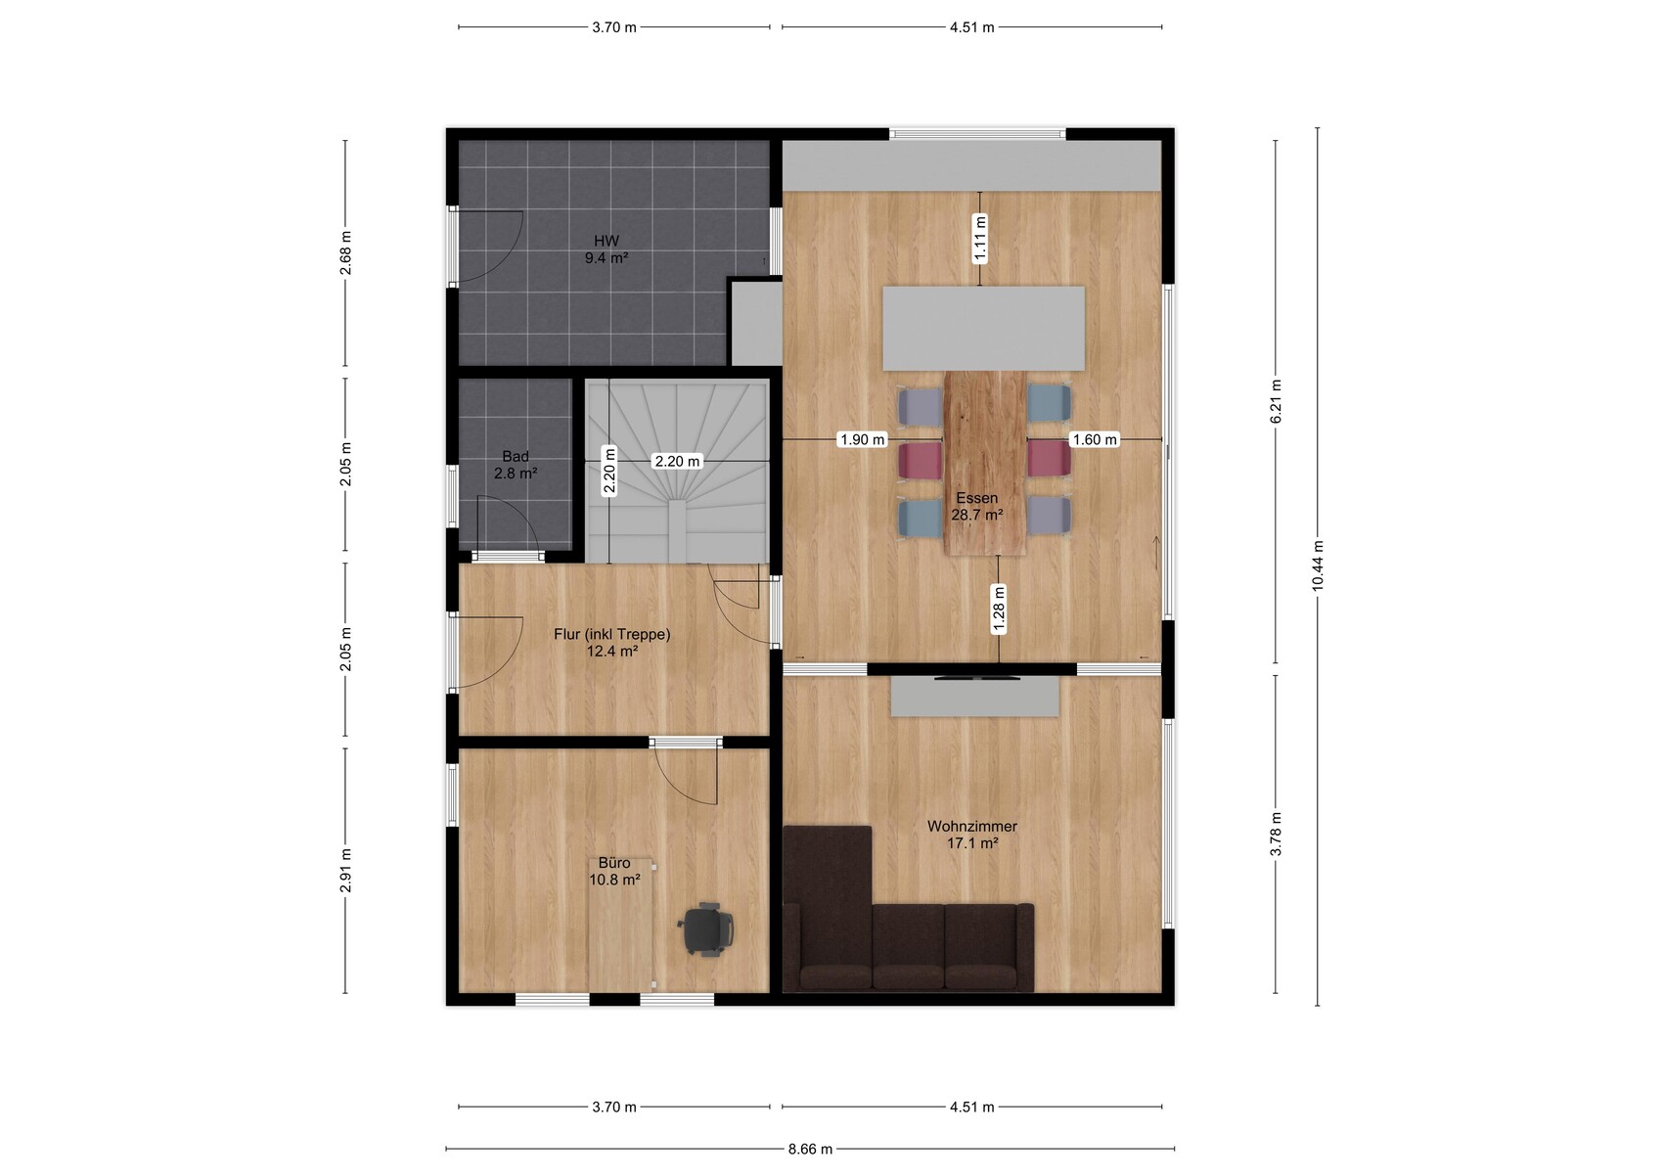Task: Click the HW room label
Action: pos(607,249)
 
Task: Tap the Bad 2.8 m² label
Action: pos(516,465)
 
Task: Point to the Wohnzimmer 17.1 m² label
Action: pos(971,835)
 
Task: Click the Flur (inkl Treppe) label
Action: pos(611,643)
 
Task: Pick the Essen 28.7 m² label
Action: pos(977,506)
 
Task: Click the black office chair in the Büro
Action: pos(706,929)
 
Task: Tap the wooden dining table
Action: pos(985,463)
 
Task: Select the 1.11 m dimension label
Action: pos(980,239)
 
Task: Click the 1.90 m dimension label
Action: pos(863,439)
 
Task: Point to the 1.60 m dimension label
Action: pos(1095,439)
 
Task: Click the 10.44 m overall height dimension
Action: pos(1318,565)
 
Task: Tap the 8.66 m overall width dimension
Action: pos(810,1150)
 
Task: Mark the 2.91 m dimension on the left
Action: pos(345,870)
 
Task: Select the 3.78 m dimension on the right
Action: pos(1276,835)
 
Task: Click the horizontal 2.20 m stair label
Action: pos(677,461)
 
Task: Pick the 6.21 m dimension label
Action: pos(1276,402)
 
